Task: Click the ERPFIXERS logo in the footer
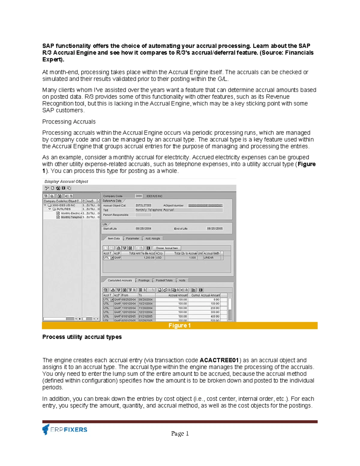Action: (x=65, y=429)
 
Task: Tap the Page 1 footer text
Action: (x=180, y=433)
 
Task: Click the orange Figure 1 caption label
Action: (x=179, y=326)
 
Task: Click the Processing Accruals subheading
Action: (x=69, y=122)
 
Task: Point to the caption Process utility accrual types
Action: (x=82, y=337)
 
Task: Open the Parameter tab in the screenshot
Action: (x=132, y=239)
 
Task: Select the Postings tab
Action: (x=144, y=280)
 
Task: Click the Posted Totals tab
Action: (x=164, y=280)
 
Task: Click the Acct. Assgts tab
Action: (x=153, y=239)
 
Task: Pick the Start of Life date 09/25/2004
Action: (x=143, y=229)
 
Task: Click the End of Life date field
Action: (x=215, y=229)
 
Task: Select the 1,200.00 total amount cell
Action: (x=138, y=258)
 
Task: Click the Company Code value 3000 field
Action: (x=139, y=196)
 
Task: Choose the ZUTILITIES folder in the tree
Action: (x=63, y=209)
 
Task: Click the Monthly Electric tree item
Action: (x=71, y=213)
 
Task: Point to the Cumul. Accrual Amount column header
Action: (x=205, y=295)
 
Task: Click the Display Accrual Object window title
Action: (x=66, y=182)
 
